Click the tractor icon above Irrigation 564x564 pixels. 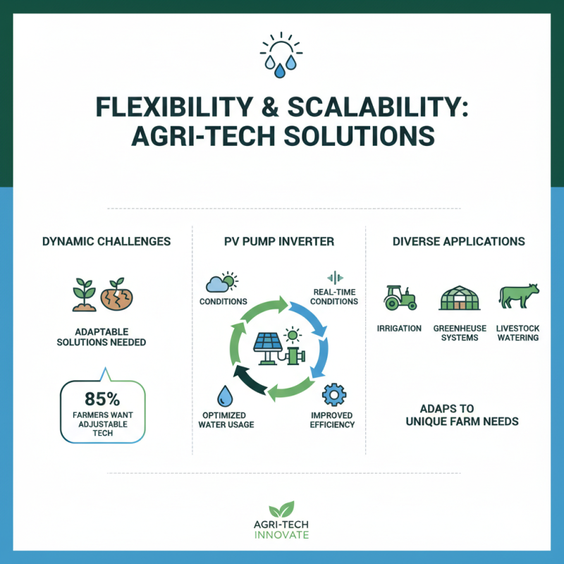click(400, 298)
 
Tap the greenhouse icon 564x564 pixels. click(460, 298)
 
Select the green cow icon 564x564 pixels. click(519, 295)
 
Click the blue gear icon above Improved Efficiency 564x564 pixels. click(334, 395)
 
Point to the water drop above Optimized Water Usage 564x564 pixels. click(225, 396)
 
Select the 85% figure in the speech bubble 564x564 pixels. click(102, 399)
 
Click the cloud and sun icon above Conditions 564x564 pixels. click(222, 281)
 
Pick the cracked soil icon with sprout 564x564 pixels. click(116, 294)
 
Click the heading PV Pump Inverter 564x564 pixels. click(279, 241)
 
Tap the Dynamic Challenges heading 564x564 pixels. click(106, 241)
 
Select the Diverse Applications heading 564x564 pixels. click(459, 241)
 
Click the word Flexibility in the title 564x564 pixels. click(174, 107)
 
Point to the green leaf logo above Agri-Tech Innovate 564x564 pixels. click(281, 509)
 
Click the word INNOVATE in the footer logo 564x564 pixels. click(281, 535)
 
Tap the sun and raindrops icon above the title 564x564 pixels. click(281, 55)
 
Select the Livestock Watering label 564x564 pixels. click(518, 333)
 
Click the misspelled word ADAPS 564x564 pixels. click(437, 409)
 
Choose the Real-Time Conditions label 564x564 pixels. click(334, 297)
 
